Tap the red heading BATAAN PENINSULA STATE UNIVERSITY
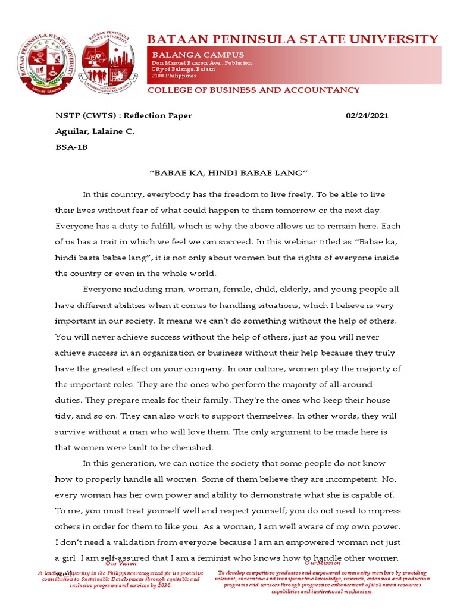coord(293,40)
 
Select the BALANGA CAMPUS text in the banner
coord(190,55)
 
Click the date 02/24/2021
coord(367,115)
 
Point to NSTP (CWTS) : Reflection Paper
coord(124,115)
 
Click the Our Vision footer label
coord(117,563)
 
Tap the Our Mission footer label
coord(323,563)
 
